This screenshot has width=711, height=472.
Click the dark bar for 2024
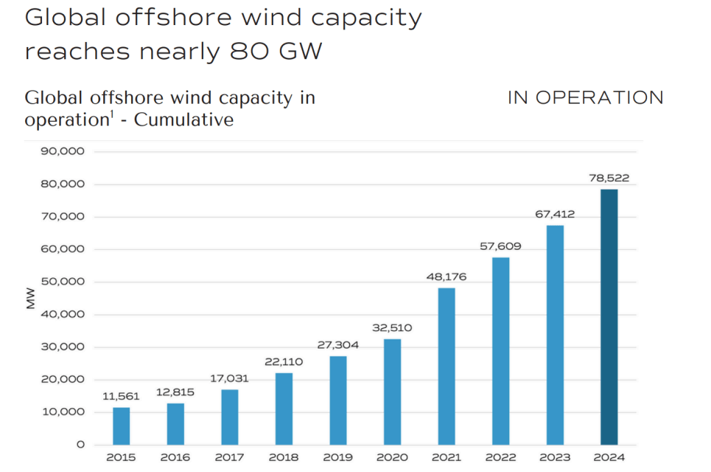click(x=609, y=317)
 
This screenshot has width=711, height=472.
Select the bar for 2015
click(x=121, y=426)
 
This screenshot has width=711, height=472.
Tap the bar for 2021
click(x=446, y=366)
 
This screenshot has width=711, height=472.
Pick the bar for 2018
click(x=284, y=409)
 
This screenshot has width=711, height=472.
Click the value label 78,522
click(x=609, y=178)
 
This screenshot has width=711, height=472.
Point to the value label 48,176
click(x=446, y=277)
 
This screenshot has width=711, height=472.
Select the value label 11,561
click(x=121, y=396)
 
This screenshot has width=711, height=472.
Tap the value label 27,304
click(x=338, y=345)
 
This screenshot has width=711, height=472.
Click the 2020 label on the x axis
click(x=392, y=457)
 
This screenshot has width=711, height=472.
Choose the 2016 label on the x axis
click(x=175, y=457)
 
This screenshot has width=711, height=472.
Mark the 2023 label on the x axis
click(x=555, y=457)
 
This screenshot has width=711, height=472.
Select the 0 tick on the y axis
click(x=80, y=445)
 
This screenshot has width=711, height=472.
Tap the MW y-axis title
click(x=31, y=298)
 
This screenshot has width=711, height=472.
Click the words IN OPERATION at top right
click(x=585, y=98)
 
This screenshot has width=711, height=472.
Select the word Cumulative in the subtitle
click(x=183, y=119)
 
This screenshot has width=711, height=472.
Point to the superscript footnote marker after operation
click(x=111, y=114)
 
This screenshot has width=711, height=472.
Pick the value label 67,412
click(x=555, y=214)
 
